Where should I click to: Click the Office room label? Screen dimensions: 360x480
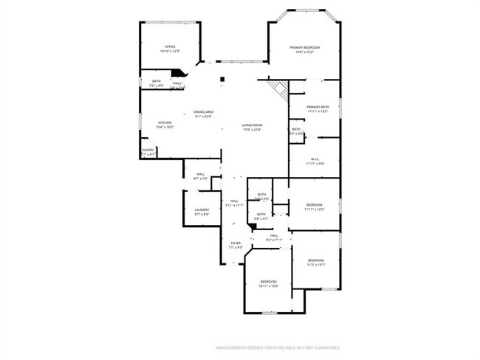tap(170, 49)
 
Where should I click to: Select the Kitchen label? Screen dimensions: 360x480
tap(164, 125)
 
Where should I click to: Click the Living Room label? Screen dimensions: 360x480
tap(252, 127)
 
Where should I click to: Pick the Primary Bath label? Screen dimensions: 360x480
tap(318, 109)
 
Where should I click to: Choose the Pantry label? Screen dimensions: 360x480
tap(148, 152)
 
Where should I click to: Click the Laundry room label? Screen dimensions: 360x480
tap(202, 212)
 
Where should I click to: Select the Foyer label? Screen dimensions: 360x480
tap(236, 245)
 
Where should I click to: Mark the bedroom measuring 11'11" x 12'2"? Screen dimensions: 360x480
tap(315, 207)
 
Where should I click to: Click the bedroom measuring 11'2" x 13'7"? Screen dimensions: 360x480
tap(315, 262)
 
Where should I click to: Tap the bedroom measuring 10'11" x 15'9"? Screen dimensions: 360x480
tap(268, 283)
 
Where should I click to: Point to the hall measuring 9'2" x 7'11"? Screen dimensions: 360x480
tap(273, 238)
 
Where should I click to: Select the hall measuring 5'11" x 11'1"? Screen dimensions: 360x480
tap(233, 203)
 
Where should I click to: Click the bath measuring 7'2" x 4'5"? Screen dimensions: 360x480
tap(156, 83)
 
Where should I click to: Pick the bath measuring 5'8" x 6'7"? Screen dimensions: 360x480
tap(261, 216)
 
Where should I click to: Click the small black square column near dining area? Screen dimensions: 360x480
tap(221, 79)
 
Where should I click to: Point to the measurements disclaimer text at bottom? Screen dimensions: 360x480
tap(278, 347)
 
